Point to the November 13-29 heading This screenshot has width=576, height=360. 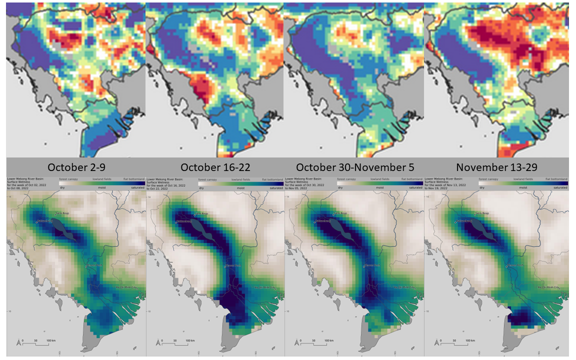(x=495, y=166)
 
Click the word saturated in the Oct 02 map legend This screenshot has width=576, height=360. (x=136, y=188)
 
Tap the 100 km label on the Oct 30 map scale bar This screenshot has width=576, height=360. (x=328, y=340)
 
